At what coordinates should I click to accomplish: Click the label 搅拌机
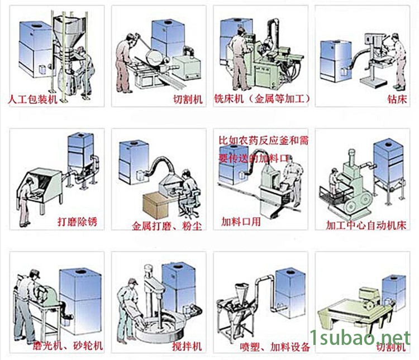coord(179,346)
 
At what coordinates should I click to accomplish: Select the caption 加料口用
coord(241,221)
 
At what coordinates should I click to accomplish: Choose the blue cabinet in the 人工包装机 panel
coord(37,47)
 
